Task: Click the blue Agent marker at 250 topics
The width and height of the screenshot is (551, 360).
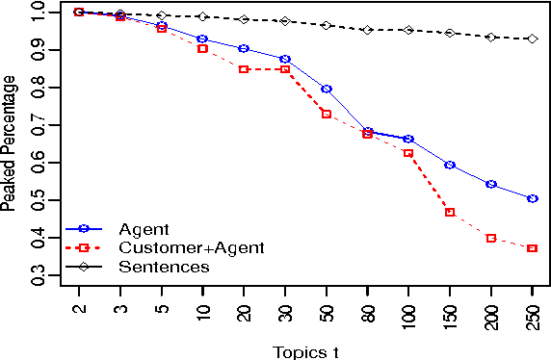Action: (532, 198)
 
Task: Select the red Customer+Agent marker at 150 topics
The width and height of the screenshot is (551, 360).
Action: (450, 212)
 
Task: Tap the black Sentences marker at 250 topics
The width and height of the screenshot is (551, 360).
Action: (532, 39)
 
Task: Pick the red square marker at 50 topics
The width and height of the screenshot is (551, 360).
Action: (327, 114)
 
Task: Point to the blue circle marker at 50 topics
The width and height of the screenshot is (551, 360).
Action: (327, 89)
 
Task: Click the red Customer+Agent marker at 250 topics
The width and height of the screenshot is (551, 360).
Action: (532, 248)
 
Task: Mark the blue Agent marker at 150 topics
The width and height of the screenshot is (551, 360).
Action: (450, 165)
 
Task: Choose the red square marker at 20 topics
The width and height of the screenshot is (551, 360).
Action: (244, 69)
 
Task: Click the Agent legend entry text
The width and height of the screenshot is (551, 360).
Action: (144, 229)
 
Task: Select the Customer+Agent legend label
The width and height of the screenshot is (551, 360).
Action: (191, 247)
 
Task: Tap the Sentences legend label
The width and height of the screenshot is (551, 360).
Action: (164, 266)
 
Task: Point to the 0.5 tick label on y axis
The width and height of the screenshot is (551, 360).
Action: (38, 202)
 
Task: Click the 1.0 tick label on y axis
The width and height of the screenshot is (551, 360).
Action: (38, 13)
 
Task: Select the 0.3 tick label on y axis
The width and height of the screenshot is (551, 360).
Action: (38, 278)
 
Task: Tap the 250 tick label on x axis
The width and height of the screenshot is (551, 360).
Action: (533, 314)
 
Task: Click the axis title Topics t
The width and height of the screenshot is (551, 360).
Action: (305, 350)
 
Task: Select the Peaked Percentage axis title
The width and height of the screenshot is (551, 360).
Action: (9, 144)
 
